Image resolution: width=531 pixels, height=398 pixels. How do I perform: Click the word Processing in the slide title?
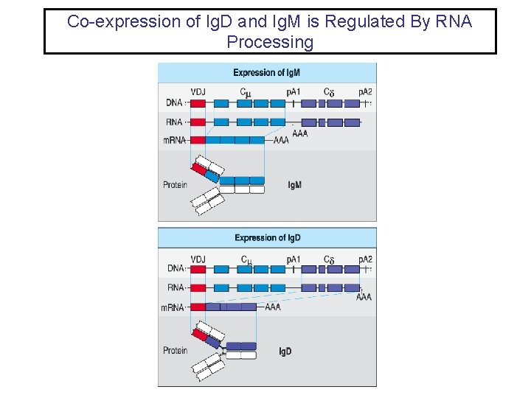coord(270,42)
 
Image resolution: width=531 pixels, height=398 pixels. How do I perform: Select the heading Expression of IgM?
coord(266,72)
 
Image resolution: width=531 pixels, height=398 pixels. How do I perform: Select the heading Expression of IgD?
coord(267,237)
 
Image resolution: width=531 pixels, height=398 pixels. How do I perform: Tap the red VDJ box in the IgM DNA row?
coord(198,104)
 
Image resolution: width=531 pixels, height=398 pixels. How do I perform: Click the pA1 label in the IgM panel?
coord(294,93)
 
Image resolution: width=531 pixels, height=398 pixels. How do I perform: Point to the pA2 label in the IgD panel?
coord(365,259)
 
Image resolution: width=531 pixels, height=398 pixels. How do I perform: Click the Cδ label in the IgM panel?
coord(330,93)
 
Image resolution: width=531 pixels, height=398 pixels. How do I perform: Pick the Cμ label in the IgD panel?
coord(246,259)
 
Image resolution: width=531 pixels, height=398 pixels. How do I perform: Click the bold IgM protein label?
coord(294,185)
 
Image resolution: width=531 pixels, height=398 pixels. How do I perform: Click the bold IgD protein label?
coord(285,352)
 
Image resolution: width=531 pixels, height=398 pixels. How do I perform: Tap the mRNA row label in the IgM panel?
coord(174,140)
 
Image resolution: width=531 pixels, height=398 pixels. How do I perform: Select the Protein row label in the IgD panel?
coord(175,351)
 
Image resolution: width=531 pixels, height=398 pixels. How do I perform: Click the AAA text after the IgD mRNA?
coord(272,307)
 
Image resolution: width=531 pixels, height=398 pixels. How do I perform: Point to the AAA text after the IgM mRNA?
coord(281,140)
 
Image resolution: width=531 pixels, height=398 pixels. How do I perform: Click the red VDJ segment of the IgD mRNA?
coord(198,307)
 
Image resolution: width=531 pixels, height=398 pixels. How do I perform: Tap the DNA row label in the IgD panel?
coord(176,269)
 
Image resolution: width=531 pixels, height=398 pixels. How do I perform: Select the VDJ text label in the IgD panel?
coord(198,259)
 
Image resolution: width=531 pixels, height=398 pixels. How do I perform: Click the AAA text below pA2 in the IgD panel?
coord(364,297)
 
